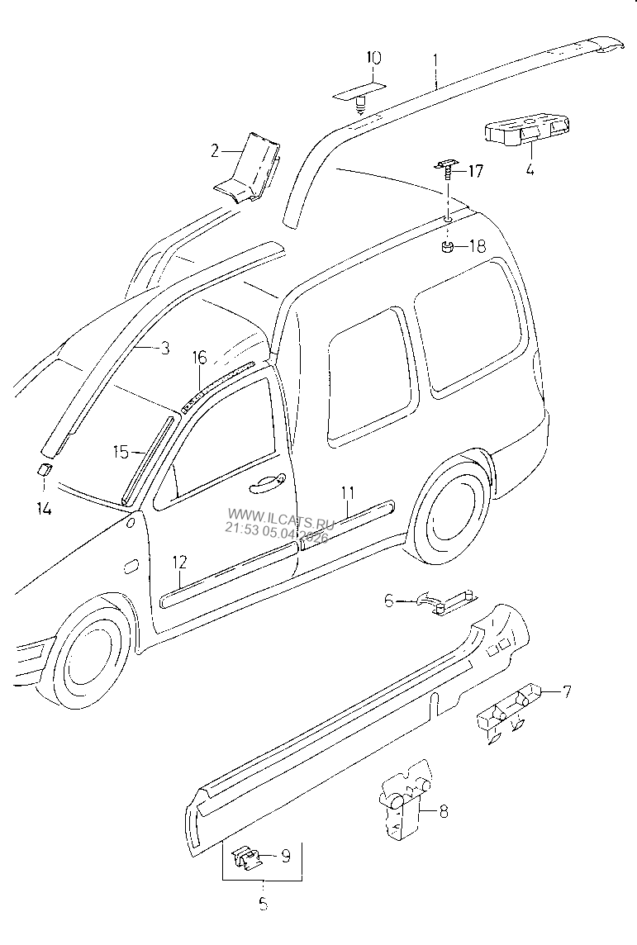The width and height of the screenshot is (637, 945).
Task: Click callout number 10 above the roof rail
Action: tap(373, 59)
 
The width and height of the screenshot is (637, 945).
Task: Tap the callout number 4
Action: tap(530, 171)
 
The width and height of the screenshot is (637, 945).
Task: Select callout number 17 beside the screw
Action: tap(475, 172)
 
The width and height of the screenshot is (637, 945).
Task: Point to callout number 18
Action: tap(477, 246)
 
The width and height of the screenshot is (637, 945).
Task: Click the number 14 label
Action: tap(43, 510)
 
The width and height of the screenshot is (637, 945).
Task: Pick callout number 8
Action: tap(443, 812)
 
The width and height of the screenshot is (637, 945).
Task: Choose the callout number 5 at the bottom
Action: tap(263, 905)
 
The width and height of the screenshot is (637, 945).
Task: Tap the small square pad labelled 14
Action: tap(44, 470)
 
